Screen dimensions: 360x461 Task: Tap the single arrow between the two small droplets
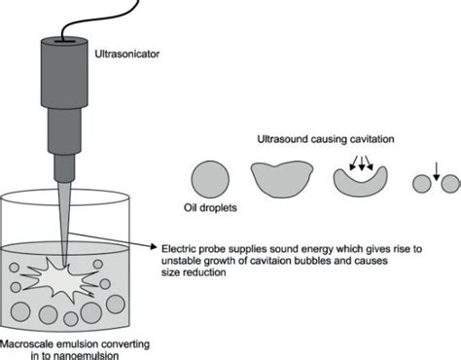click(436, 172)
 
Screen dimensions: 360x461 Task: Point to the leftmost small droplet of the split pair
click(420, 183)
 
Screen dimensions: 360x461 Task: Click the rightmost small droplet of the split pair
click(450, 183)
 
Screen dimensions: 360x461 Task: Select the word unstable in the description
click(178, 261)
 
